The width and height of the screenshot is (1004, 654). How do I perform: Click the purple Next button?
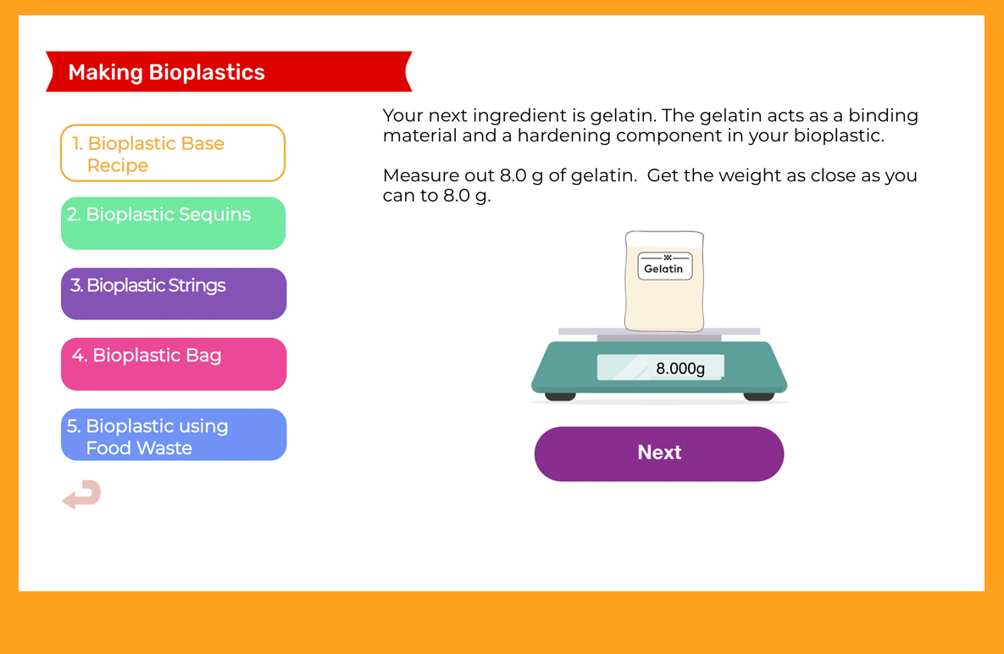click(x=659, y=454)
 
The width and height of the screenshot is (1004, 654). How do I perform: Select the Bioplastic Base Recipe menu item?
click(x=173, y=153)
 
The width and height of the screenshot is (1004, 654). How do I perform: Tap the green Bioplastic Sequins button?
click(x=173, y=224)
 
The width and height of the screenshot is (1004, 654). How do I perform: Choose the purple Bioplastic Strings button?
click(x=174, y=294)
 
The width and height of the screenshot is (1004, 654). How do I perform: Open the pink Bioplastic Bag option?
click(x=174, y=364)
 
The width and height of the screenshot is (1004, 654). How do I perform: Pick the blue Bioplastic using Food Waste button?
click(x=174, y=435)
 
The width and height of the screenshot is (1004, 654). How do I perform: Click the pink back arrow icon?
click(x=82, y=494)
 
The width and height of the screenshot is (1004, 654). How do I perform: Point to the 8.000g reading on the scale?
click(x=680, y=369)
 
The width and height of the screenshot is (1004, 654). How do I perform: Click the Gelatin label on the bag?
click(x=664, y=266)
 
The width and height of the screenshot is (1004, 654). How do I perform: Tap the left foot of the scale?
click(x=560, y=396)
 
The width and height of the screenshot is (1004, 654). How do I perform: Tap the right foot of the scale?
click(x=759, y=396)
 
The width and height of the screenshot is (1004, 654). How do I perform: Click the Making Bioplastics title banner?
click(x=229, y=72)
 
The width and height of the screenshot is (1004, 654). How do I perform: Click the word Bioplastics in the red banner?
click(x=207, y=72)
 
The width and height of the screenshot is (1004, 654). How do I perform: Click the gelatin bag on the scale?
click(x=664, y=281)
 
